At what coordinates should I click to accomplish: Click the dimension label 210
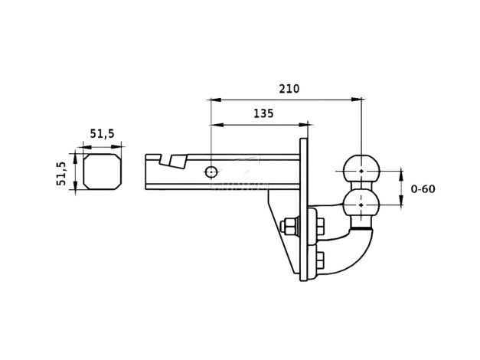click(289, 89)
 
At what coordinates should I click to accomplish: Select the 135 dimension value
click(263, 113)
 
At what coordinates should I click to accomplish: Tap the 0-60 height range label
click(423, 188)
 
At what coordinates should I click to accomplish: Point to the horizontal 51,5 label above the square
click(102, 134)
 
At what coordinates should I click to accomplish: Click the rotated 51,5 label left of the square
click(61, 173)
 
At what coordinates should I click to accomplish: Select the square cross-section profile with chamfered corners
click(103, 172)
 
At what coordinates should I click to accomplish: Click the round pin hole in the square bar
click(211, 172)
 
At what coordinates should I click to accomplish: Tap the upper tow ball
click(361, 170)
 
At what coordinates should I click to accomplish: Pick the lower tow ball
click(361, 204)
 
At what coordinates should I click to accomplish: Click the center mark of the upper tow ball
click(361, 171)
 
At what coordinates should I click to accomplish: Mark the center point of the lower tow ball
click(361, 205)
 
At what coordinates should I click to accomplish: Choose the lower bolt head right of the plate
click(319, 260)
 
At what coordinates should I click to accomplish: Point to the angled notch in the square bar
click(172, 161)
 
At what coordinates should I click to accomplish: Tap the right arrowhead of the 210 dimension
click(356, 100)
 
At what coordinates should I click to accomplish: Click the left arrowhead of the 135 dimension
click(217, 125)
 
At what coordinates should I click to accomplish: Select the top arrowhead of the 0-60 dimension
click(401, 174)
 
